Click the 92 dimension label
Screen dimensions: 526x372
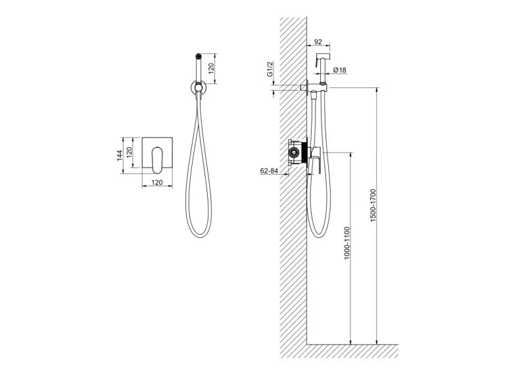tap(318, 42)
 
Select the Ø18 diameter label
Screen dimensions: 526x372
tap(340, 70)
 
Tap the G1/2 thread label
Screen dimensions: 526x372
tap(270, 70)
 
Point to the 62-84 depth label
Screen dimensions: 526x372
tap(269, 170)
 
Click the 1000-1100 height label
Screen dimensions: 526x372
tap(347, 243)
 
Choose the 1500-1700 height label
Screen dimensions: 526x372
tap(373, 204)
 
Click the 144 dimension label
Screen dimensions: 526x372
tap(120, 156)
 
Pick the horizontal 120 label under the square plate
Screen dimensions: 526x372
tap(157, 182)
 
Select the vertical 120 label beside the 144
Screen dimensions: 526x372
tap(130, 152)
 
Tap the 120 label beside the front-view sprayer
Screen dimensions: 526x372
tap(211, 68)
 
